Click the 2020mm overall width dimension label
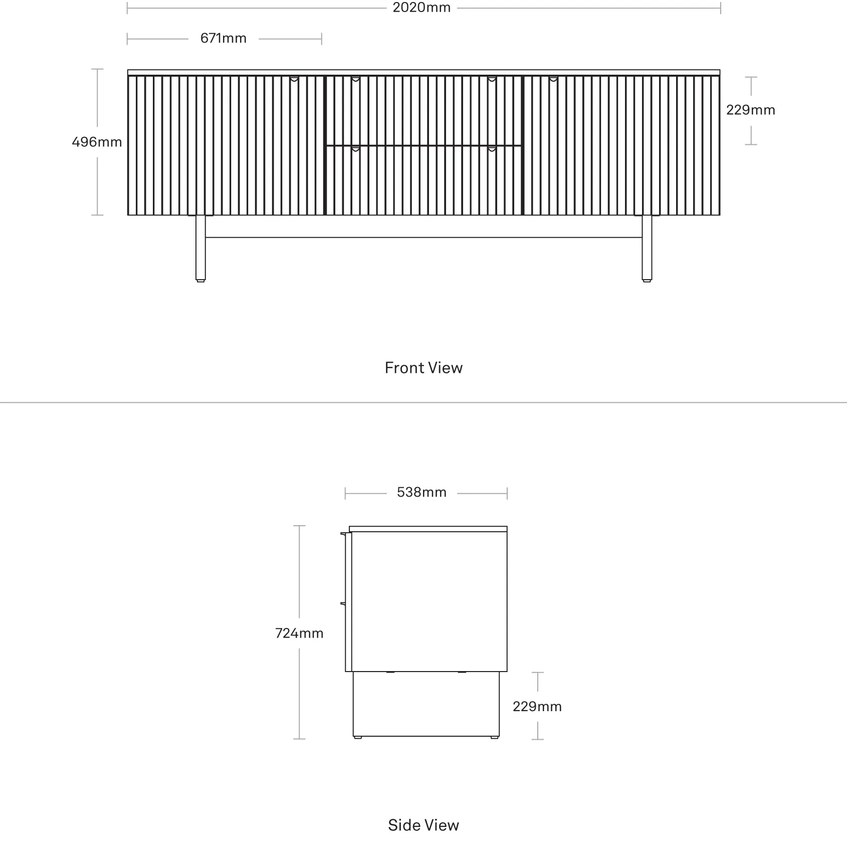pos(421,8)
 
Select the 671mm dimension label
pos(224,39)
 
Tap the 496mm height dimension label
pos(97,142)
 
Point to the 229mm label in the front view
pos(751,110)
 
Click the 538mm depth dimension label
pos(421,493)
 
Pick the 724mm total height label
pos(299,633)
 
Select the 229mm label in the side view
pos(537,707)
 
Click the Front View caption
pos(423,368)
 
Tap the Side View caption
pos(423,825)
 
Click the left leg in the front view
pos(200,248)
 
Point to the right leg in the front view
pos(647,248)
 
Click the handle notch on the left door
pos(294,79)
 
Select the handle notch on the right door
pos(553,79)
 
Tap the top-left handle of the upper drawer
pos(355,79)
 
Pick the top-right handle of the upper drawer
pos(492,79)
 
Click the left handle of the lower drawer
pos(355,149)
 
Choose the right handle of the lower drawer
pos(492,149)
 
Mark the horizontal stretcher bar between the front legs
pos(424,237)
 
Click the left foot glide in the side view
pos(357,737)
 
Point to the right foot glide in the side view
pos(495,737)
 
